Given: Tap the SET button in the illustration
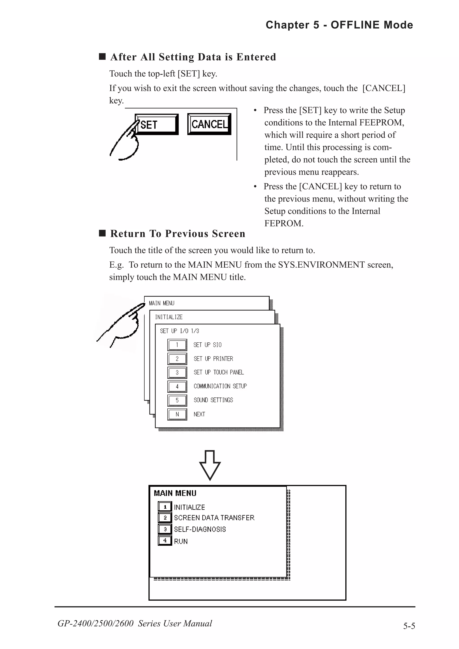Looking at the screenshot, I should (157, 124).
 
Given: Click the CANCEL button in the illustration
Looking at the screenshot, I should (209, 124).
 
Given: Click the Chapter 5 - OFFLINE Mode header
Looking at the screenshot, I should (339, 25).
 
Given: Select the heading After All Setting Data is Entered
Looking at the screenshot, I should (193, 57).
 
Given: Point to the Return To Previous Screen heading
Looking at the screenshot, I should (178, 234).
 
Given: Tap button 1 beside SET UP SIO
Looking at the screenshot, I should (177, 345).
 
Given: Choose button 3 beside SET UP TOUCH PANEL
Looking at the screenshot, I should (177, 373).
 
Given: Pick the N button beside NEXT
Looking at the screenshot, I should (177, 414).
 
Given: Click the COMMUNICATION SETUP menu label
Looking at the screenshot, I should (220, 386).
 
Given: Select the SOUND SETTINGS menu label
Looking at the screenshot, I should (213, 400).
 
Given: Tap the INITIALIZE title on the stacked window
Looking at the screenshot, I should (169, 317).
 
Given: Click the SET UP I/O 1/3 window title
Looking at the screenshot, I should (179, 331).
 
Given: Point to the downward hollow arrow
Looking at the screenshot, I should (210, 465).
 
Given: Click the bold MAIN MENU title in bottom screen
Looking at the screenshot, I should (175, 493).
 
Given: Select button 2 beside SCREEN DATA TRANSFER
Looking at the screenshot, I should (165, 518).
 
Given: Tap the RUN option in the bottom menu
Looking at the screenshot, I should (181, 541).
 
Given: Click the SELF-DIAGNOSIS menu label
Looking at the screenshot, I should (200, 529).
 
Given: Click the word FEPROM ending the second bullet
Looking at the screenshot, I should (284, 223).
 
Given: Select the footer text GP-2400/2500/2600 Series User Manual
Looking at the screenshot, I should (135, 623).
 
